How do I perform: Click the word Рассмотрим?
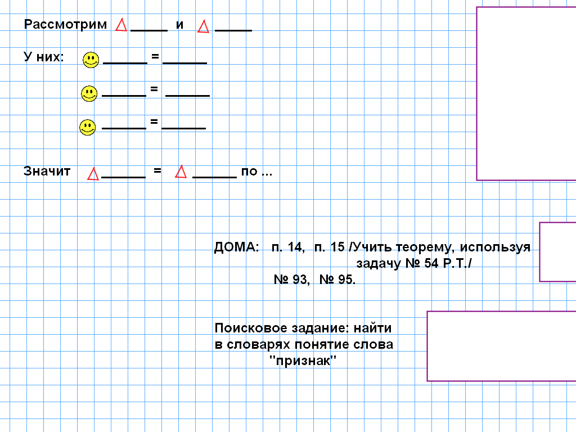click(65, 25)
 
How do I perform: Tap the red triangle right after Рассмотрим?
click(121, 25)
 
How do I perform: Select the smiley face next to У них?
click(91, 60)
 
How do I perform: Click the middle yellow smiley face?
click(89, 94)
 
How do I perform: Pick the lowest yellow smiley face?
click(87, 128)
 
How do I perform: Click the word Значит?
click(47, 171)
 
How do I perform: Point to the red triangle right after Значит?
click(93, 174)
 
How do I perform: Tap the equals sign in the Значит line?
click(157, 170)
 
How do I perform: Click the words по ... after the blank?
click(256, 172)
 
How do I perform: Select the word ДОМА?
click(237, 247)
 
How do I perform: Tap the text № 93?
click(291, 280)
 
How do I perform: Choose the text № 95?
click(337, 280)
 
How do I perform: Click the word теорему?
click(426, 247)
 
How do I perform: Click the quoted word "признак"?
click(302, 361)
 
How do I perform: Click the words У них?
click(44, 57)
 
